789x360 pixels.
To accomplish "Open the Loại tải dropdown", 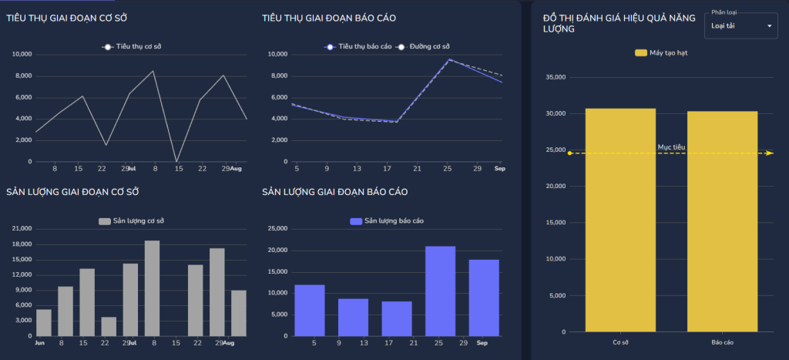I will (740, 26).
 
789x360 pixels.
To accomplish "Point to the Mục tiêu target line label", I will (671, 146).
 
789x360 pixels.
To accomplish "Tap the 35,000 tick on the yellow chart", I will (555, 77).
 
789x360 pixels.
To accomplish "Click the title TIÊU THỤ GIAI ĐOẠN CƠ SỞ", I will (76, 18).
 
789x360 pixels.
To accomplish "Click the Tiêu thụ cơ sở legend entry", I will (132, 47).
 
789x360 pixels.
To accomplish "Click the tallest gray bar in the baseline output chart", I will (153, 288).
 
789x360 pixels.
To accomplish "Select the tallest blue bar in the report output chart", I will (440, 291).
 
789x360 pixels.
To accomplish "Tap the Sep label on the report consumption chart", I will (499, 168).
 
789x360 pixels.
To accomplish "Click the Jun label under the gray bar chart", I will (40, 343).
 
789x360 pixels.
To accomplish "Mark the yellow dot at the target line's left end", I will (569, 153).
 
